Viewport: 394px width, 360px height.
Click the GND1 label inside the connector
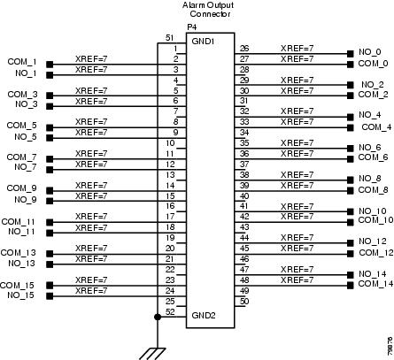[203, 42]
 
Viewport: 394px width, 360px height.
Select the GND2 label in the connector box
[204, 316]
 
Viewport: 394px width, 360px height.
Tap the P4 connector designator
[192, 27]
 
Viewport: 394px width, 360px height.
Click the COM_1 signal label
[22, 62]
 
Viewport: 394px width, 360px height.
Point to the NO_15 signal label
[20, 295]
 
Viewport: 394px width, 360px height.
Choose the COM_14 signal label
[375, 284]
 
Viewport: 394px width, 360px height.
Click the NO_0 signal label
[370, 52]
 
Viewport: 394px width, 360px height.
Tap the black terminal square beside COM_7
[50, 159]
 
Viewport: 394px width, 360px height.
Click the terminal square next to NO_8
[350, 180]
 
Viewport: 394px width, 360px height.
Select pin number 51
[169, 38]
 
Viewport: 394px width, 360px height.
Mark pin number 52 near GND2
[170, 312]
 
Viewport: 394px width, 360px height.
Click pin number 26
[244, 49]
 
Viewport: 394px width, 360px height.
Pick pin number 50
[244, 302]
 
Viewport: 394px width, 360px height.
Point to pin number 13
[170, 175]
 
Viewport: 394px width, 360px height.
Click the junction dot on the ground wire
[158, 317]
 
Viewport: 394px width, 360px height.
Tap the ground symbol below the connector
[152, 354]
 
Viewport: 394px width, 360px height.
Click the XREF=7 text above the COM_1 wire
[91, 59]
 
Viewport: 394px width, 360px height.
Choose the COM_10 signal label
[375, 220]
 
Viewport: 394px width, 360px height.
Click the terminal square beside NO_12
[350, 242]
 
